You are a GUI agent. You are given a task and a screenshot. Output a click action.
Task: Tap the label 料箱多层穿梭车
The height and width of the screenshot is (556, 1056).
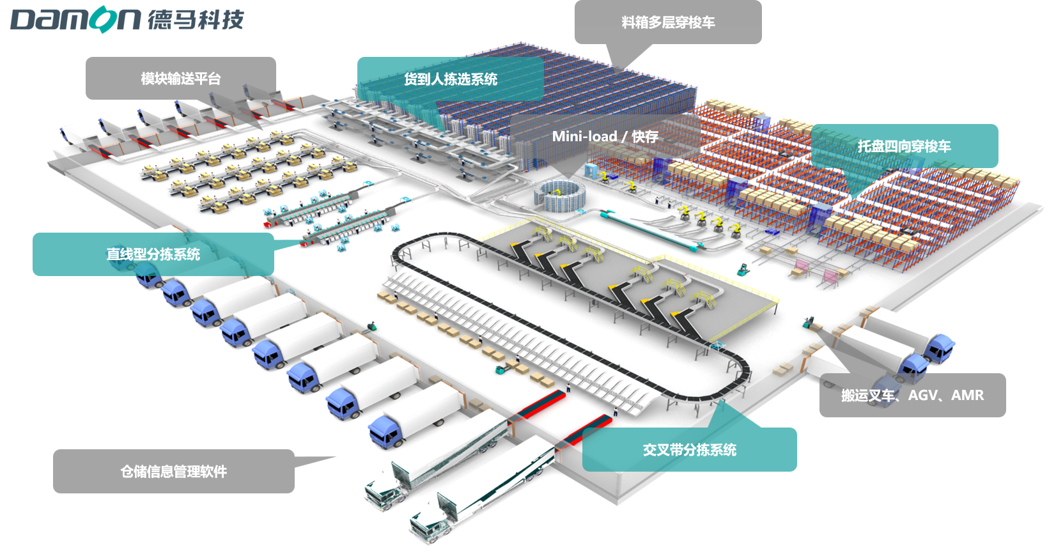668,22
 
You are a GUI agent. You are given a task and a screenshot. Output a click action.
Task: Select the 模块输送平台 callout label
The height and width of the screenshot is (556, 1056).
181,79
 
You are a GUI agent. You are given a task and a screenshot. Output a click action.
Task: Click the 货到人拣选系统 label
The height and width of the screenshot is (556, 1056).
451,79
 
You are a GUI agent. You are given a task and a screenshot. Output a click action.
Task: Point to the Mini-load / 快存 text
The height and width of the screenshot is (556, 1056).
605,137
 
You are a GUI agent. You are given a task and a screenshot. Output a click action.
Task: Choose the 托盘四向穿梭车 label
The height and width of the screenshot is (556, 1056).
904,146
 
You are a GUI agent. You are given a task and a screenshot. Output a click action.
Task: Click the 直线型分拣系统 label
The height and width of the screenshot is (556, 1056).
153,254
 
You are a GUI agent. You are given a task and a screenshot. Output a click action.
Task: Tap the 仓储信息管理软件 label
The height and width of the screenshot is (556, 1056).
174,472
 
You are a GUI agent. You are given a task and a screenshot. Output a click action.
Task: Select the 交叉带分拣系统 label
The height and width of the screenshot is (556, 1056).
689,450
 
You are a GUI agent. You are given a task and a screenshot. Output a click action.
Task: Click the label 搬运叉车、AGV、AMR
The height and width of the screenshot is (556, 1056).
912,396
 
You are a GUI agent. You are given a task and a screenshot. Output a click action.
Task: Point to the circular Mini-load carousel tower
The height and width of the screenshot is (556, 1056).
560,196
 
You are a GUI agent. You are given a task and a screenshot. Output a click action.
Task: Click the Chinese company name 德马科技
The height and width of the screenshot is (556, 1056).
196,19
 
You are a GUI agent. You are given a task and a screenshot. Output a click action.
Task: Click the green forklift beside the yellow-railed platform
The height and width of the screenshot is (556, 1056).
743,269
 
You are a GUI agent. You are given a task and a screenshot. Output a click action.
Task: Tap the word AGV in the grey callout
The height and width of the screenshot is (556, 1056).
922,396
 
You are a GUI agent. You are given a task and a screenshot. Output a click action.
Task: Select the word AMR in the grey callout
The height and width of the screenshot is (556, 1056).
967,396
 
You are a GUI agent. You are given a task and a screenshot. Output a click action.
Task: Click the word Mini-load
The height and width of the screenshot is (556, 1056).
584,137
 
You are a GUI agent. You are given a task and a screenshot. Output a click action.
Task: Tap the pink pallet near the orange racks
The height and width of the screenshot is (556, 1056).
830,277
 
